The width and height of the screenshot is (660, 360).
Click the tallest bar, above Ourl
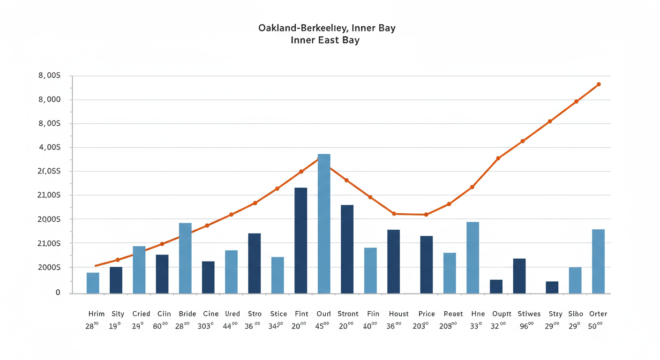point(324,224)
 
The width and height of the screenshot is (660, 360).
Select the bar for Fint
point(300,240)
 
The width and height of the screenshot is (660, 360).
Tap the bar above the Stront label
point(347,249)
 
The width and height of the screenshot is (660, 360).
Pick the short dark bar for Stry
point(552,287)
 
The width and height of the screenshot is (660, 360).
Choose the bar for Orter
point(598,261)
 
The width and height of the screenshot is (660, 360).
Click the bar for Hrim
point(93,283)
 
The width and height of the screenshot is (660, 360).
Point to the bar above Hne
point(473,257)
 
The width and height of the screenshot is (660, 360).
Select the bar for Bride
point(185,258)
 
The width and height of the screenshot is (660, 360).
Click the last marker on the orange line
point(599,84)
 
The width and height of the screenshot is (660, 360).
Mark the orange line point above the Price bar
point(426,215)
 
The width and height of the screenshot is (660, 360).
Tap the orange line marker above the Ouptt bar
point(498,158)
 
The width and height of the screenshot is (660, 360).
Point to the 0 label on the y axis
point(58,292)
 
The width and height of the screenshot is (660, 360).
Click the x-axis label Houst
point(399,314)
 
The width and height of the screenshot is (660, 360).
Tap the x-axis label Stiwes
point(529,314)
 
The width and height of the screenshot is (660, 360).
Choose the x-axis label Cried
point(141,314)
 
